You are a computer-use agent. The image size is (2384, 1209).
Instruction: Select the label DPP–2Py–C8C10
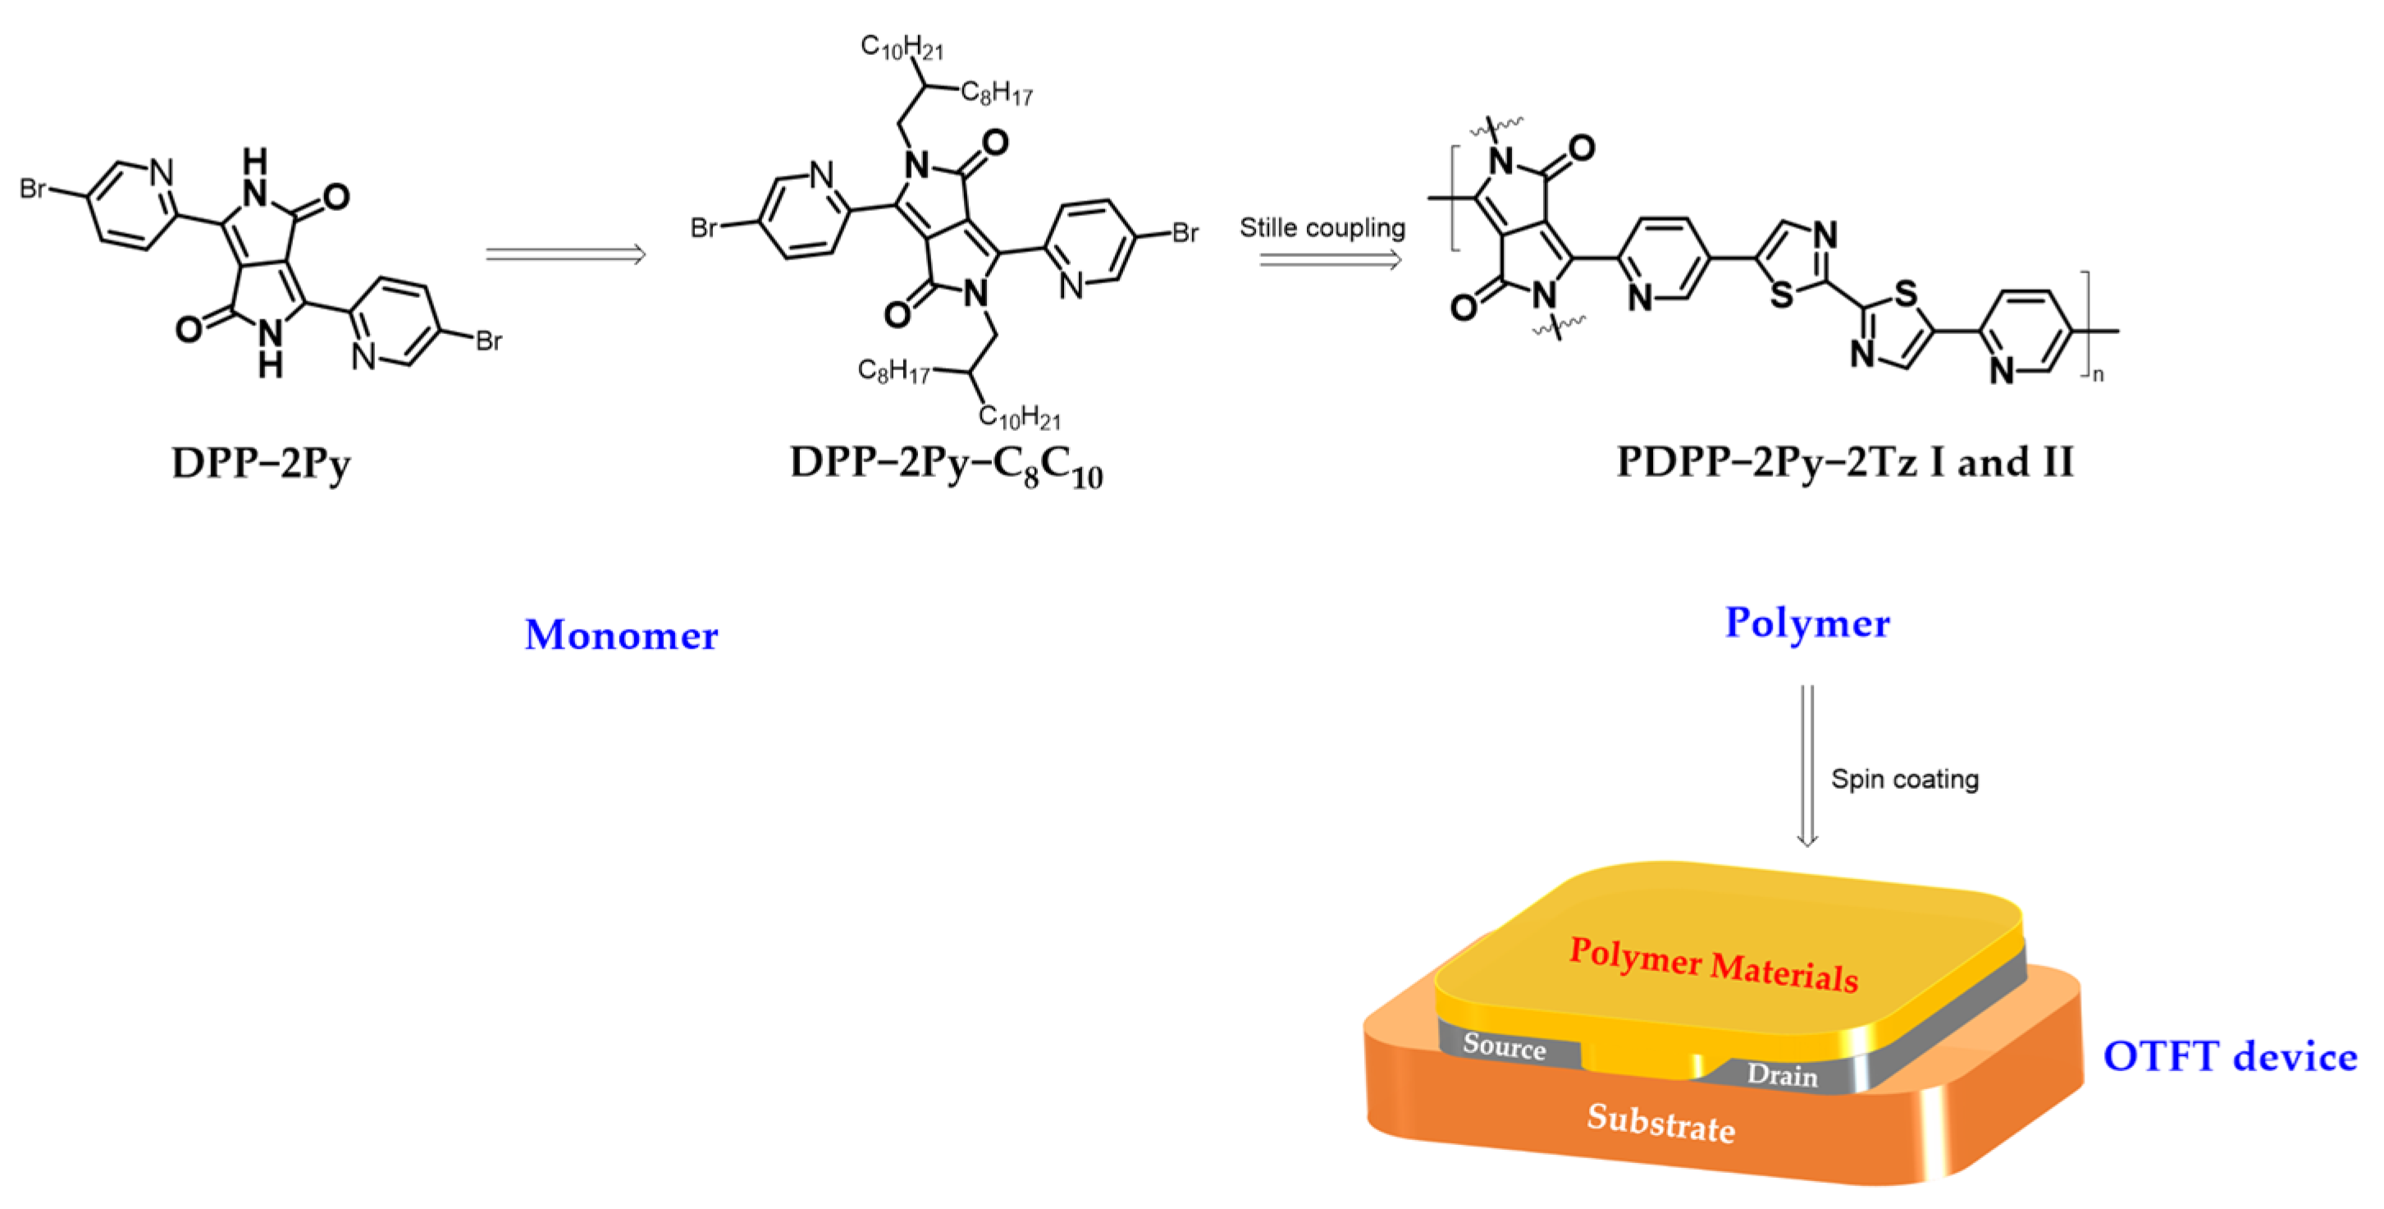pyautogui.click(x=946, y=465)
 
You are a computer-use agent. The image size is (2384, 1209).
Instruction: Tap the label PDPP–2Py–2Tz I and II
pyautogui.click(x=1844, y=462)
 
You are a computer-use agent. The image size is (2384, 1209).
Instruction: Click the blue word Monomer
pyautogui.click(x=621, y=635)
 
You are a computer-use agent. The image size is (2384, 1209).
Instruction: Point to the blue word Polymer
pyautogui.click(x=1806, y=623)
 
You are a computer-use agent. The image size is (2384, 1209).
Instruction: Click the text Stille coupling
pyautogui.click(x=1322, y=227)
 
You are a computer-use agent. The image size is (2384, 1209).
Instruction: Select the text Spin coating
pyautogui.click(x=1905, y=780)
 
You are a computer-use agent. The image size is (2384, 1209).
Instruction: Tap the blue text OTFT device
pyautogui.click(x=2230, y=1056)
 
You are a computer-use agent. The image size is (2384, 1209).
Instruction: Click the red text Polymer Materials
pyautogui.click(x=1714, y=965)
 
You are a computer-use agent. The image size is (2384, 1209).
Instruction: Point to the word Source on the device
pyautogui.click(x=1504, y=1046)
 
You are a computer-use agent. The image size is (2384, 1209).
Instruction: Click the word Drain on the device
pyautogui.click(x=1782, y=1074)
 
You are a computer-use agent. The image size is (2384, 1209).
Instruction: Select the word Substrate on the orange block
pyautogui.click(x=1660, y=1123)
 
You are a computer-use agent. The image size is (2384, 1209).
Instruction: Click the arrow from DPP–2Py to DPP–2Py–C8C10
pyautogui.click(x=565, y=254)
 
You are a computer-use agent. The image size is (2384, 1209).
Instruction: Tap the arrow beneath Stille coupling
pyautogui.click(x=1330, y=260)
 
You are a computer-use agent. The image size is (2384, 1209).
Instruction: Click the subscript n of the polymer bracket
pyautogui.click(x=2098, y=375)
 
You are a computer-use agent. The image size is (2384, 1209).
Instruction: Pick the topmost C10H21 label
pyautogui.click(x=902, y=46)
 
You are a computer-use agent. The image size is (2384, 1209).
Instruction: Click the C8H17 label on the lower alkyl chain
pyautogui.click(x=893, y=371)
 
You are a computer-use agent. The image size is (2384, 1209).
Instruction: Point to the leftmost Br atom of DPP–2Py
pyautogui.click(x=32, y=189)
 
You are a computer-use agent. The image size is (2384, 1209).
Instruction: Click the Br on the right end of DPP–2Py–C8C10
pyautogui.click(x=1185, y=232)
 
